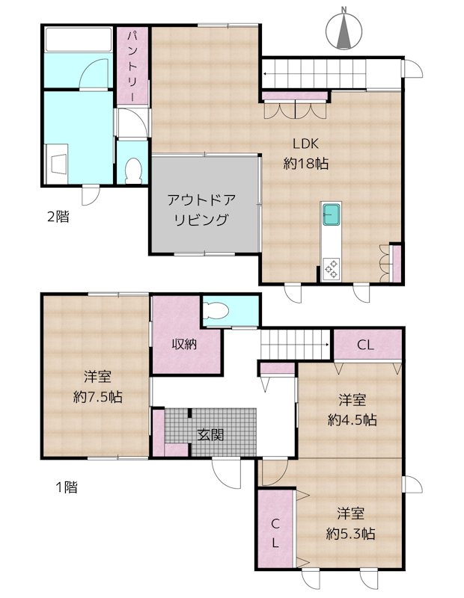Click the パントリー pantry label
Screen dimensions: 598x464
(132, 67)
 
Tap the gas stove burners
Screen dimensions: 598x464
(331, 268)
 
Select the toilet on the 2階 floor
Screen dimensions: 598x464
(134, 170)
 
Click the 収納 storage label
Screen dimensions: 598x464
(186, 345)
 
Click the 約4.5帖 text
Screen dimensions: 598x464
(351, 420)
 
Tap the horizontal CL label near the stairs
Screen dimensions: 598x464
(365, 345)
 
